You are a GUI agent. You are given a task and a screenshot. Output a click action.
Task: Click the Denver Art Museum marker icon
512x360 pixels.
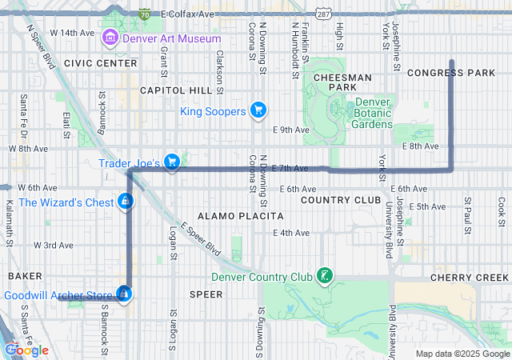pyautogui.click(x=110, y=38)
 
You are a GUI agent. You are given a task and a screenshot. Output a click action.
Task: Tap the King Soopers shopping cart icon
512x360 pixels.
pyautogui.click(x=258, y=110)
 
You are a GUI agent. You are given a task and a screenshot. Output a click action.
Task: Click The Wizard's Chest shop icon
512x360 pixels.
pyautogui.click(x=125, y=202)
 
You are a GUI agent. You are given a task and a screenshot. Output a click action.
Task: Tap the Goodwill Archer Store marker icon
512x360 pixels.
pyautogui.click(x=123, y=295)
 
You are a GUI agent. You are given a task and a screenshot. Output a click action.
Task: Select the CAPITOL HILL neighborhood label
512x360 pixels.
pyautogui.click(x=172, y=91)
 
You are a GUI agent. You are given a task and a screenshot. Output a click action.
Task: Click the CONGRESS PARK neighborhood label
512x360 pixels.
pyautogui.click(x=451, y=73)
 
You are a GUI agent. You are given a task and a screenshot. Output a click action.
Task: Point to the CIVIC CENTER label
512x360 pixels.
pyautogui.click(x=101, y=63)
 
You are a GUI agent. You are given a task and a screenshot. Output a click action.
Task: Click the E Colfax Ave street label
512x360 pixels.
pyautogui.click(x=187, y=14)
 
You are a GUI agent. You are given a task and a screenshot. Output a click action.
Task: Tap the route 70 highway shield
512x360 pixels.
pyautogui.click(x=144, y=14)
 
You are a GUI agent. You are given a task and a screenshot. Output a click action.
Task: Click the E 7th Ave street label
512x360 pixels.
pyautogui.click(x=290, y=168)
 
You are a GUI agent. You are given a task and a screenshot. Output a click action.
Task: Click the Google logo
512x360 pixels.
pyautogui.click(x=26, y=350)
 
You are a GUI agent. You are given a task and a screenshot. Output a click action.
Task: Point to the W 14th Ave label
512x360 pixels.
pyautogui.click(x=72, y=33)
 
